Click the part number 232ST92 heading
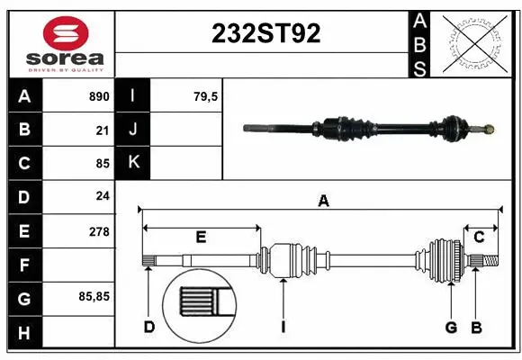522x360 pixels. tap(265, 34)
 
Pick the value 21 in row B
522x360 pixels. tap(103, 130)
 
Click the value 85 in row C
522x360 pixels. tap(103, 164)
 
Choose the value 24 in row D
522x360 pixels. tap(103, 197)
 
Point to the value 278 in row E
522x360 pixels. tap(99, 231)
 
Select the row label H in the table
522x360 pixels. tap(23, 332)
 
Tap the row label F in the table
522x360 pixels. tap(23, 265)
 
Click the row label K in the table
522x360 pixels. tap(133, 163)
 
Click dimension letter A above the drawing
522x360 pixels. tap(323, 202)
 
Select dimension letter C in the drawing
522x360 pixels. tap(480, 237)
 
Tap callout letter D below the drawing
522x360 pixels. tap(149, 327)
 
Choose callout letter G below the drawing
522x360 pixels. tap(451, 327)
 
